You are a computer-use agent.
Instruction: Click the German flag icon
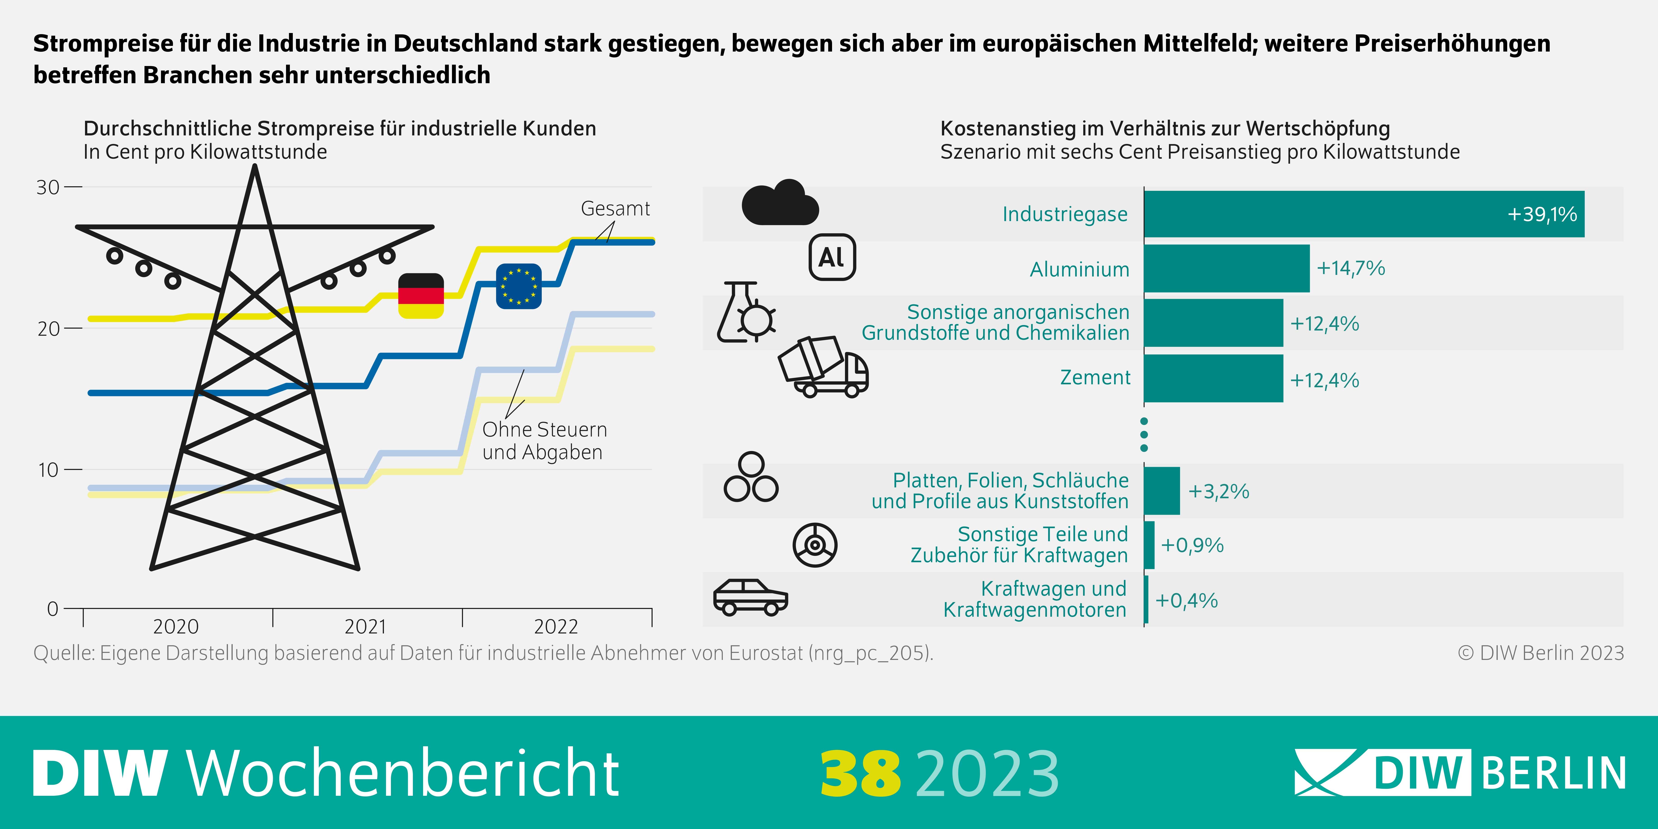coord(421,295)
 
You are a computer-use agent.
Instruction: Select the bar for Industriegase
coord(1363,214)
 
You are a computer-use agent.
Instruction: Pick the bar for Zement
coord(1213,378)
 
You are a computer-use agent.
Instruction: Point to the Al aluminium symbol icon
coord(832,257)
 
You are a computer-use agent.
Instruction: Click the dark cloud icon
coord(779,203)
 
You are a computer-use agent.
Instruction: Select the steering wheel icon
coord(815,545)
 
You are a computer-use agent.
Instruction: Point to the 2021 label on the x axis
coord(366,626)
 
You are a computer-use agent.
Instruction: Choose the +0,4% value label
coord(1186,600)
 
